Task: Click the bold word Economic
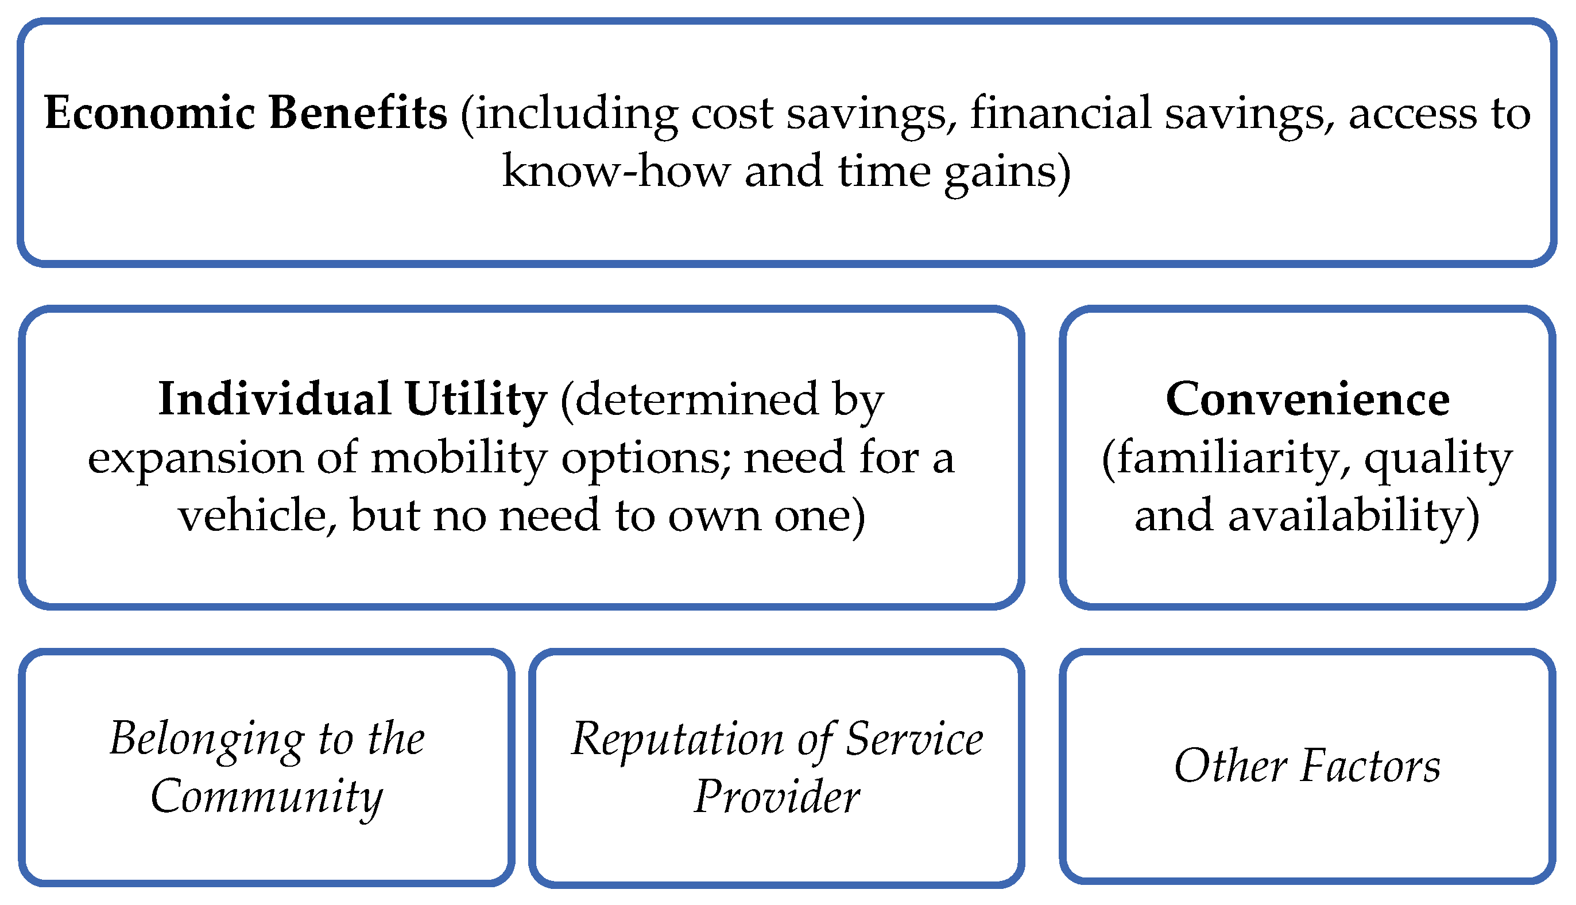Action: (x=150, y=114)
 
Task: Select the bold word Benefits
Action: (x=359, y=112)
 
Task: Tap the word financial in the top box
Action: (x=1060, y=112)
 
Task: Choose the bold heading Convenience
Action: (x=1308, y=399)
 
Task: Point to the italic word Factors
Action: (x=1370, y=766)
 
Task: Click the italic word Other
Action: (x=1230, y=766)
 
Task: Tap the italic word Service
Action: (x=915, y=739)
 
